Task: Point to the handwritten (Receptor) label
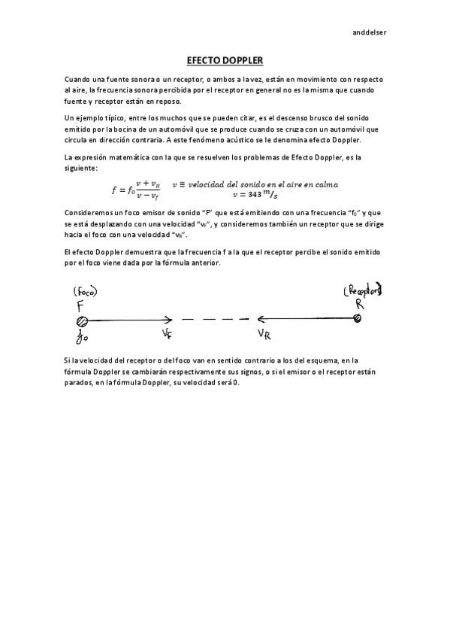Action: (x=362, y=290)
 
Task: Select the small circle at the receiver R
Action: (x=358, y=320)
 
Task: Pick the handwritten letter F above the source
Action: (x=80, y=305)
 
